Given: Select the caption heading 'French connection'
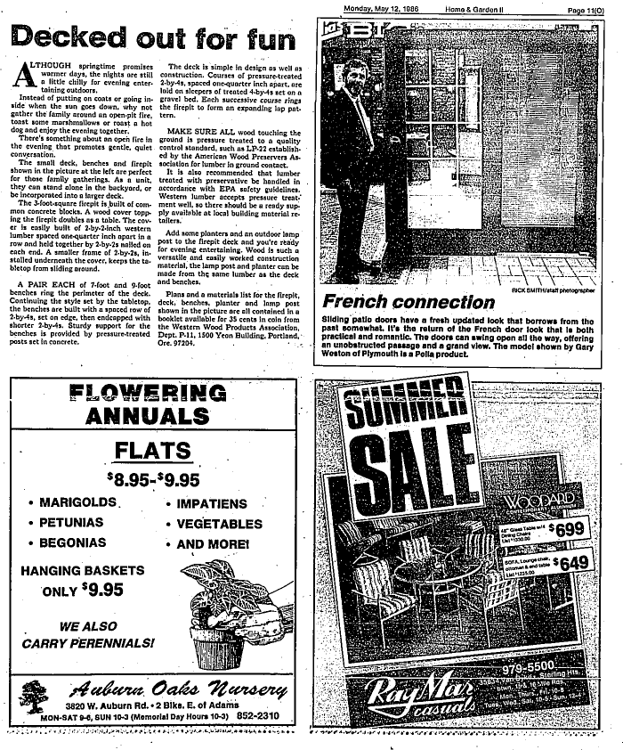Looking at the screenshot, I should click(x=409, y=302).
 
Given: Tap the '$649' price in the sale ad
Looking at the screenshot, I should click(x=570, y=562).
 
